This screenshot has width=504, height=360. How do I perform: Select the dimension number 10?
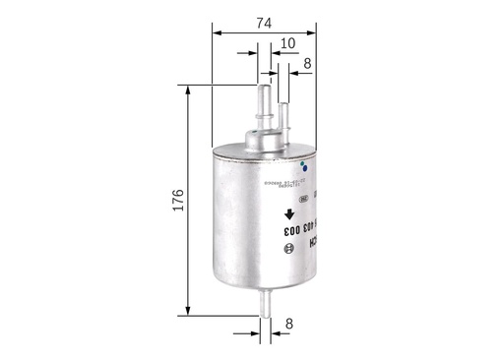[x=287, y=44]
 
